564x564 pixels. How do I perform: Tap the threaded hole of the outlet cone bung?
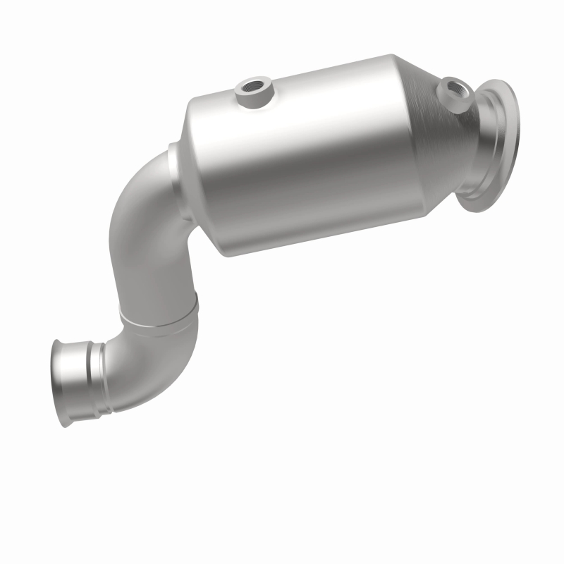click(x=452, y=89)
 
